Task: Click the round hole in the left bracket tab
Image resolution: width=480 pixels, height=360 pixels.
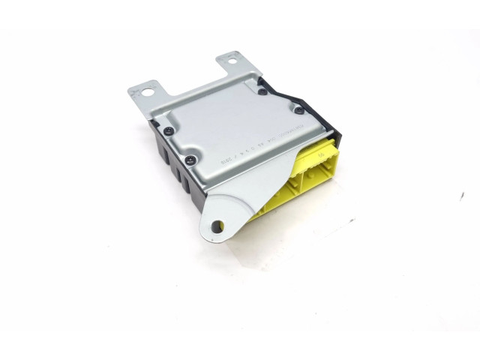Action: pyautogui.click(x=148, y=93)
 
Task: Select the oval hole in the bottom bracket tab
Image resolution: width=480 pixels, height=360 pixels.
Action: pyautogui.click(x=217, y=224)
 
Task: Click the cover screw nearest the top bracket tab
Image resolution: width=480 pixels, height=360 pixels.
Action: pyautogui.click(x=262, y=92)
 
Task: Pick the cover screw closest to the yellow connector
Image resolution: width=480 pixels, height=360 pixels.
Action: pyautogui.click(x=298, y=111)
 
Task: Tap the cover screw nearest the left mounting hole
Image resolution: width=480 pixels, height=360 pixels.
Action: pyautogui.click(x=169, y=130)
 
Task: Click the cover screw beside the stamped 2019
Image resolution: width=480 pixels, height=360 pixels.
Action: pyautogui.click(x=191, y=159)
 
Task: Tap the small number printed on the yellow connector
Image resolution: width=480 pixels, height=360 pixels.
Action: pyautogui.click(x=320, y=154)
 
